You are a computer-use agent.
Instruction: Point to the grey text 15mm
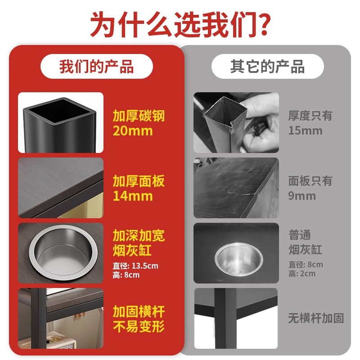coord(306,131)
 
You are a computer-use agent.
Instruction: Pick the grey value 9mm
coord(302,196)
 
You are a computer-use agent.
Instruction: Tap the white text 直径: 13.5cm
coord(135,266)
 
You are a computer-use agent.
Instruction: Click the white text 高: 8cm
coord(126,275)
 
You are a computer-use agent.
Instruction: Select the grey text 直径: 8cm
coord(306,265)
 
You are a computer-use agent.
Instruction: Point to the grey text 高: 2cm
coord(302,274)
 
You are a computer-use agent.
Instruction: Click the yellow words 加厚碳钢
coord(139,116)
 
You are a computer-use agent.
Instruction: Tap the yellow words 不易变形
coord(139,326)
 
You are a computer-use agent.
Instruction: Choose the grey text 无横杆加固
coord(316,319)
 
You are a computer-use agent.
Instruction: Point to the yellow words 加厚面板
coord(139,181)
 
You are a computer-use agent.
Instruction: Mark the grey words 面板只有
coord(310,181)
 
